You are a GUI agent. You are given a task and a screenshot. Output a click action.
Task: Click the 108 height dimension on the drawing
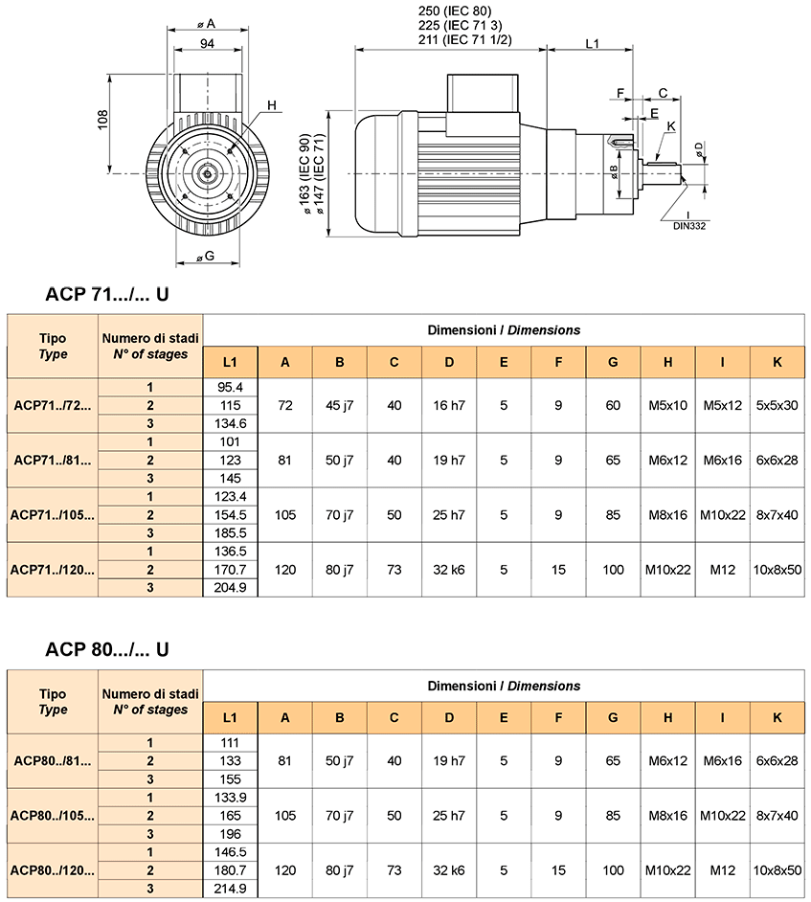point(102,120)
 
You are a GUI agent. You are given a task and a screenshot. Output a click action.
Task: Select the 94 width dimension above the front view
point(207,44)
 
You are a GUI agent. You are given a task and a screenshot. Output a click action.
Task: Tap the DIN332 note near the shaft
point(689,226)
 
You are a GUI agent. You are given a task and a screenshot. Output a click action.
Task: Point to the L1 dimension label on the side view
point(592,44)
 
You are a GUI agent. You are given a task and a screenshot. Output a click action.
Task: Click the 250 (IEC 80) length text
point(455,11)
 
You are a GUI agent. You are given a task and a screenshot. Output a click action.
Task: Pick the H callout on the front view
point(272,105)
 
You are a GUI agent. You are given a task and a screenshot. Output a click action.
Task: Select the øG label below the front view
point(206,256)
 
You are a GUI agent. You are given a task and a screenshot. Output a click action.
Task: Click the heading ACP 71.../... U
point(107,294)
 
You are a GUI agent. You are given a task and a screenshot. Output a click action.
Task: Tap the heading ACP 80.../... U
point(107,649)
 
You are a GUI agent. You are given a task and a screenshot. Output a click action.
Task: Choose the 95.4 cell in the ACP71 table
point(230,387)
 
